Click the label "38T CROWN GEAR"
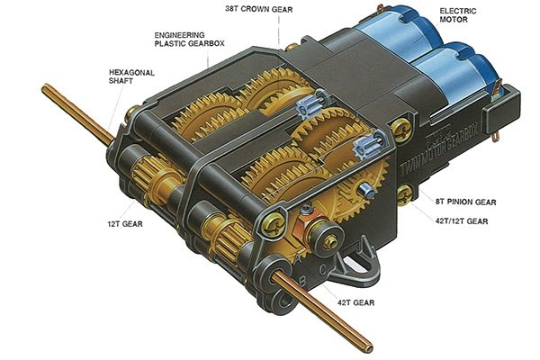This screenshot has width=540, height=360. point(259,9)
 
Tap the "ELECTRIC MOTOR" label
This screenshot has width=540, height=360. point(458,15)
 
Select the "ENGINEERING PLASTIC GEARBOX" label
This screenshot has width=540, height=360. point(189,40)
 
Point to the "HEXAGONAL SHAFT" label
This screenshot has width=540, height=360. point(131,76)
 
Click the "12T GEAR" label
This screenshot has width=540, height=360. point(125,224)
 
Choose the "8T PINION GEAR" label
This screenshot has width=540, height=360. point(465,202)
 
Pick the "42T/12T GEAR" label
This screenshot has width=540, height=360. point(462,220)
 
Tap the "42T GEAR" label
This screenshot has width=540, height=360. point(355,302)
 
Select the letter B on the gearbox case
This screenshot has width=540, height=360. point(302,281)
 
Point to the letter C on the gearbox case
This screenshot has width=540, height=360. point(323,270)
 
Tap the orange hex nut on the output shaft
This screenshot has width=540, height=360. point(304,227)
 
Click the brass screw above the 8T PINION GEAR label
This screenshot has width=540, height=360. point(405,195)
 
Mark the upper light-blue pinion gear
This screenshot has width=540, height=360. point(312,102)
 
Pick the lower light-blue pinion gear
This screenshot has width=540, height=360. point(368,146)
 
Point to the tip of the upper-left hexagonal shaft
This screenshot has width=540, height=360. point(45,88)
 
